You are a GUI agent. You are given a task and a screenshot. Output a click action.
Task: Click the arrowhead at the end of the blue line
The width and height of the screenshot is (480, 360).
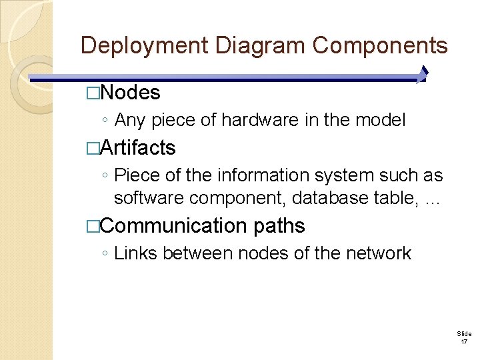(x=423, y=75)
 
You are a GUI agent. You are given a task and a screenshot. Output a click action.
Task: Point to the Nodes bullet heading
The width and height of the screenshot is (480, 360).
(x=131, y=93)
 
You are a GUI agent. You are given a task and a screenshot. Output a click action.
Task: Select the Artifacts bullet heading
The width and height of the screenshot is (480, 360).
(x=138, y=147)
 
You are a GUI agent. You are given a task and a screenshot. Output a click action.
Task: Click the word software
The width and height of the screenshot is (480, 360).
(x=152, y=198)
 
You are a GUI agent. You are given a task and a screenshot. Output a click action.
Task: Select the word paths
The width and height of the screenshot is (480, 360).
(x=279, y=226)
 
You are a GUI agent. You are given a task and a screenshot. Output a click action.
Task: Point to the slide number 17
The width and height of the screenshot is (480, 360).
(x=464, y=342)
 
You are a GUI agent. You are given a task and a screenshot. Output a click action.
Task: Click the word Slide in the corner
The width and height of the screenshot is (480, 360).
(x=464, y=333)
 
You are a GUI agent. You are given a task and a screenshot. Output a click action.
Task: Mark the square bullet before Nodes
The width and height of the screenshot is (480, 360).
(x=92, y=93)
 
